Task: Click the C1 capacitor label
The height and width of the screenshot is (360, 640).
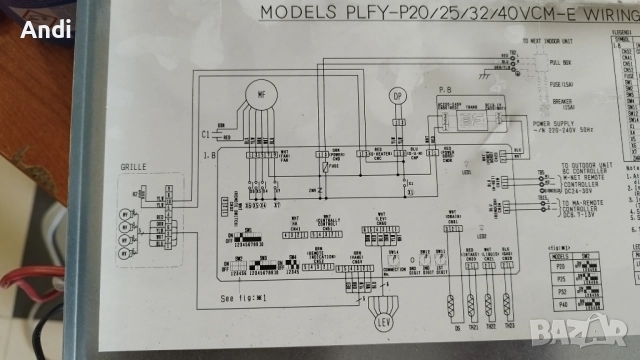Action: click(x=205, y=133)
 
